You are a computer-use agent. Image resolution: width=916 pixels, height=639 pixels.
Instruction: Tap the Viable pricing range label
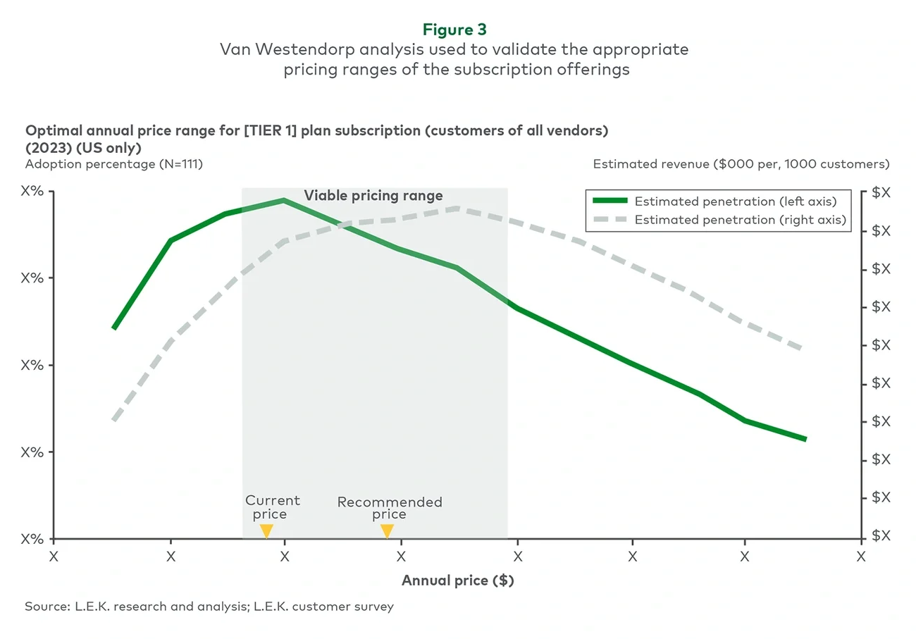click(373, 196)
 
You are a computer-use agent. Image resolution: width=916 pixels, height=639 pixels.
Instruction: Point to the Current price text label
click(272, 507)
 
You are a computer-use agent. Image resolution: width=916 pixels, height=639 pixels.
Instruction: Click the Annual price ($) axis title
click(457, 581)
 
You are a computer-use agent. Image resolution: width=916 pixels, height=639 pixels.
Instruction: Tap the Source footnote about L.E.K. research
click(209, 607)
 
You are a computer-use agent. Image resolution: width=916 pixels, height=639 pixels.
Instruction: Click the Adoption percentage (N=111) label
click(114, 164)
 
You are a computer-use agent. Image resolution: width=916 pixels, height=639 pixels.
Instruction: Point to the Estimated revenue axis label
click(741, 164)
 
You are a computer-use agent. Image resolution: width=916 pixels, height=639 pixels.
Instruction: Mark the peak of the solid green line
click(284, 201)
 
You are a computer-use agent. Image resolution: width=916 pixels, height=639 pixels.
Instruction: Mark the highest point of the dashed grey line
click(458, 209)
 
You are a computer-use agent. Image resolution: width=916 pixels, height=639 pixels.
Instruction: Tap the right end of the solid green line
click(805, 439)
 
